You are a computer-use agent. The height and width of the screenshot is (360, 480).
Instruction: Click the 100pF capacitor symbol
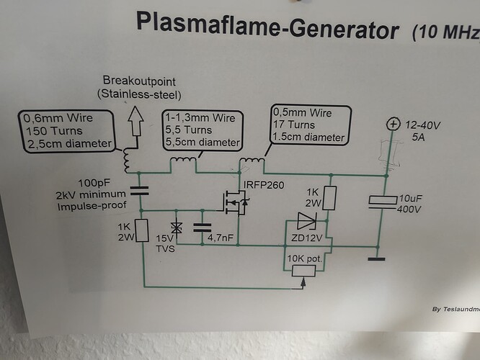[139, 191]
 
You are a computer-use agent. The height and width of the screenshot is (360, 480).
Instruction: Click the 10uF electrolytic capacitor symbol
[381, 202]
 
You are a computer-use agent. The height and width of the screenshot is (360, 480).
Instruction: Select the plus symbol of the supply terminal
[393, 125]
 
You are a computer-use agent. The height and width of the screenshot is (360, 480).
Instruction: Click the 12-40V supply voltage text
[425, 125]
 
